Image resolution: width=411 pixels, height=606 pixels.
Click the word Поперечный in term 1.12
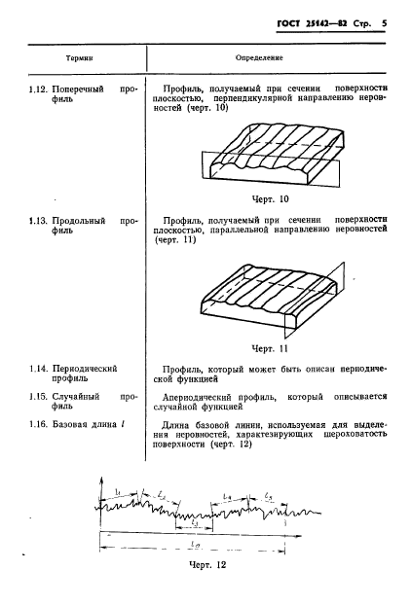tap(80, 87)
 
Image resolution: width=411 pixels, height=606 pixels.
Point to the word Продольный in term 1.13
tap(81, 222)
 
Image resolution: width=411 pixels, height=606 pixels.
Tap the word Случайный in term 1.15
tap(78, 396)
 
